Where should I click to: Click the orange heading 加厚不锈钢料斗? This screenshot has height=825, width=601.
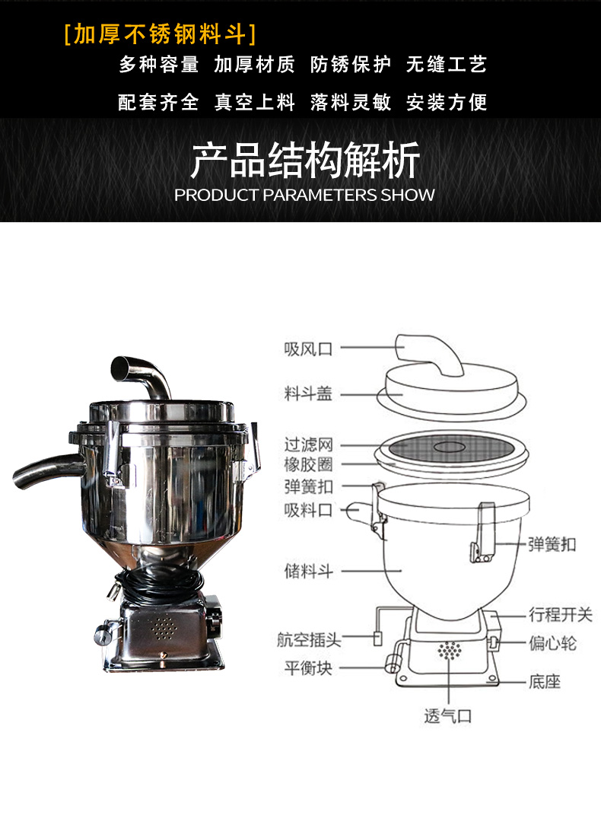pos(160,34)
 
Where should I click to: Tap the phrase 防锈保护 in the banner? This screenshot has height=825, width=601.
pos(351,65)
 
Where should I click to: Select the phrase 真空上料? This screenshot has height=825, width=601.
pos(255,102)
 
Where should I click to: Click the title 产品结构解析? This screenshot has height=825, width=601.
pos(305,159)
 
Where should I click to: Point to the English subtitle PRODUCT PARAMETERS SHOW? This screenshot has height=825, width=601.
pos(304,195)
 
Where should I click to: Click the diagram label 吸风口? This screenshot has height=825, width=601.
pos(309,349)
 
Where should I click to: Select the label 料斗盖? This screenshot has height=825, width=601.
pos(309,393)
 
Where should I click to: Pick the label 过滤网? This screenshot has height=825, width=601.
pos(309,444)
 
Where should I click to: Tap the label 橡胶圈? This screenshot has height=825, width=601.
pos(309,464)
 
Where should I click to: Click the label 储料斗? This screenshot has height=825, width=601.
pos(309,571)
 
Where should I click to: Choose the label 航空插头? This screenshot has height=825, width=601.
pos(309,640)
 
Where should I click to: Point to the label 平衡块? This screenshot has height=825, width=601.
pos(309,668)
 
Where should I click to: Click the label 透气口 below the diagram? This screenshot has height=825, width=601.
pos(448,716)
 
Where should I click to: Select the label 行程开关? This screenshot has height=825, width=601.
pos(561,614)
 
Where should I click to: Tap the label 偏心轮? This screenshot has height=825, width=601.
pos(552,643)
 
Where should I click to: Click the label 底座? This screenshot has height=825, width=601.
pos(545,682)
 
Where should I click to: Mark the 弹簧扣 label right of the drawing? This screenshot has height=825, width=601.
pos(552,544)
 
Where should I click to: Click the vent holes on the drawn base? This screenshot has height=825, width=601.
pos(450,651)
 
